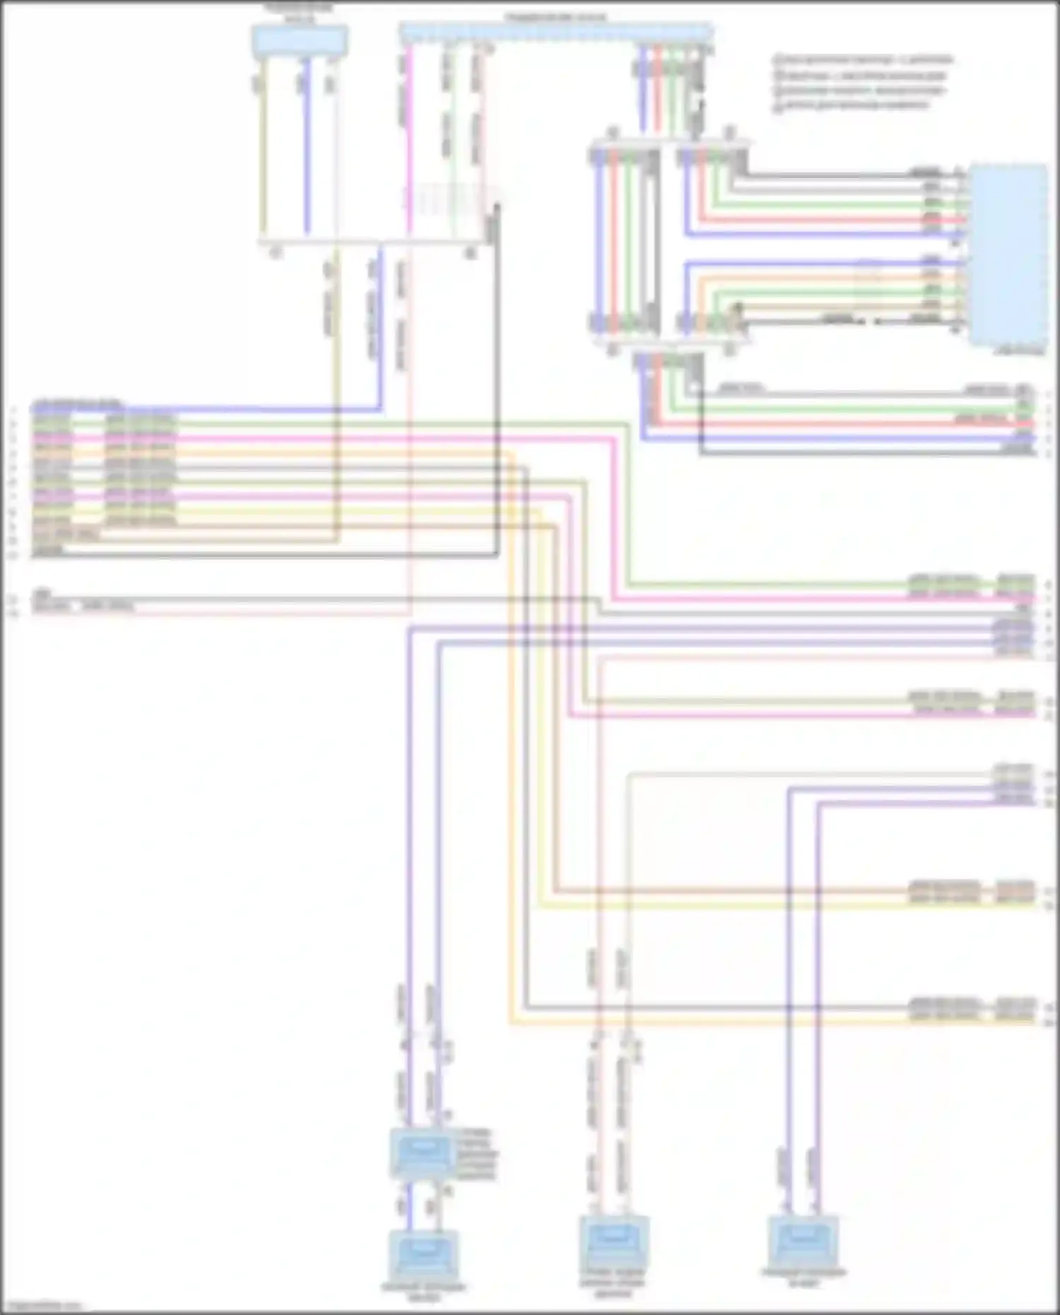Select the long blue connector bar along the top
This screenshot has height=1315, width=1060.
coord(555,32)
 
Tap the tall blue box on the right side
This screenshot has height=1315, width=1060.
coord(1009,254)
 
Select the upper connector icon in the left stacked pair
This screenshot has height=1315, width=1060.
coord(422,1152)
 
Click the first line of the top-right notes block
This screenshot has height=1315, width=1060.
coord(863,59)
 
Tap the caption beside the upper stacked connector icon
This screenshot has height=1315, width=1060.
coord(477,1153)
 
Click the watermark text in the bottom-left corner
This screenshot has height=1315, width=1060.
coord(41,1307)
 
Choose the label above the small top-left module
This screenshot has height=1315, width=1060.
coord(299,10)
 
